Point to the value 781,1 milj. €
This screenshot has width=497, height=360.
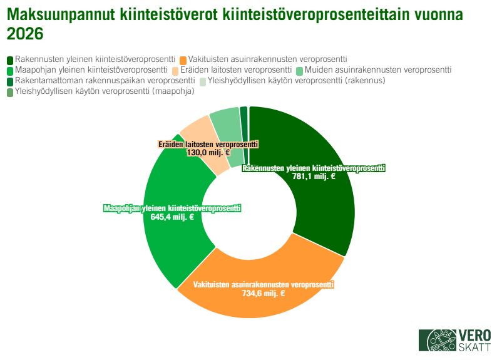click(314, 177)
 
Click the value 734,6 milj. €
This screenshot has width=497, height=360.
click(263, 293)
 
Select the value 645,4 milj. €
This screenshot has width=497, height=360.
click(172, 217)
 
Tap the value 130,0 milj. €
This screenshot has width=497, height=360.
click(208, 152)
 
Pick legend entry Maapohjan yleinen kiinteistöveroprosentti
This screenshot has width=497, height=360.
click(91, 70)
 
